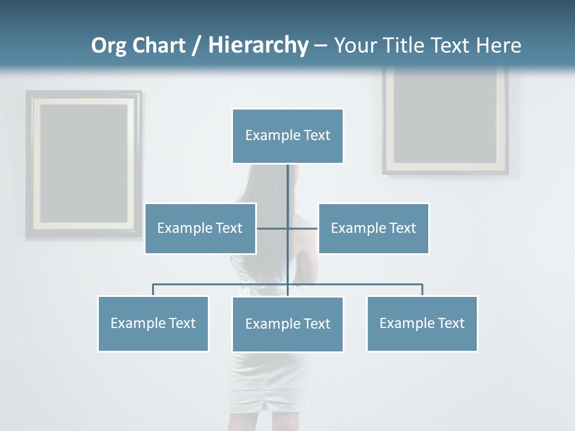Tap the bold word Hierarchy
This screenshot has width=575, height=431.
[x=258, y=45]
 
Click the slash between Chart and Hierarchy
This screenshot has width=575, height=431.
[x=196, y=46]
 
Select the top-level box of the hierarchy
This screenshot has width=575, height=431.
[x=287, y=136]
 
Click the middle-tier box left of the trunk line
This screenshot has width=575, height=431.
[x=200, y=228]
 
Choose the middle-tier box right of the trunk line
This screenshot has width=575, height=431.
[x=373, y=228]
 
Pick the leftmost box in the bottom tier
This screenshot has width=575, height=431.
[x=153, y=323]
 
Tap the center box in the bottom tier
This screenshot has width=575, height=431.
[x=287, y=324]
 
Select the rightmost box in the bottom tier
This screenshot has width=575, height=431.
[x=422, y=323]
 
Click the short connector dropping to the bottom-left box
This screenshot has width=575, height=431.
[x=153, y=290]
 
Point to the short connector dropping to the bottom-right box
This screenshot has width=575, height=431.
[x=422, y=290]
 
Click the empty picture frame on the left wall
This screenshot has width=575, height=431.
[x=84, y=164]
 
